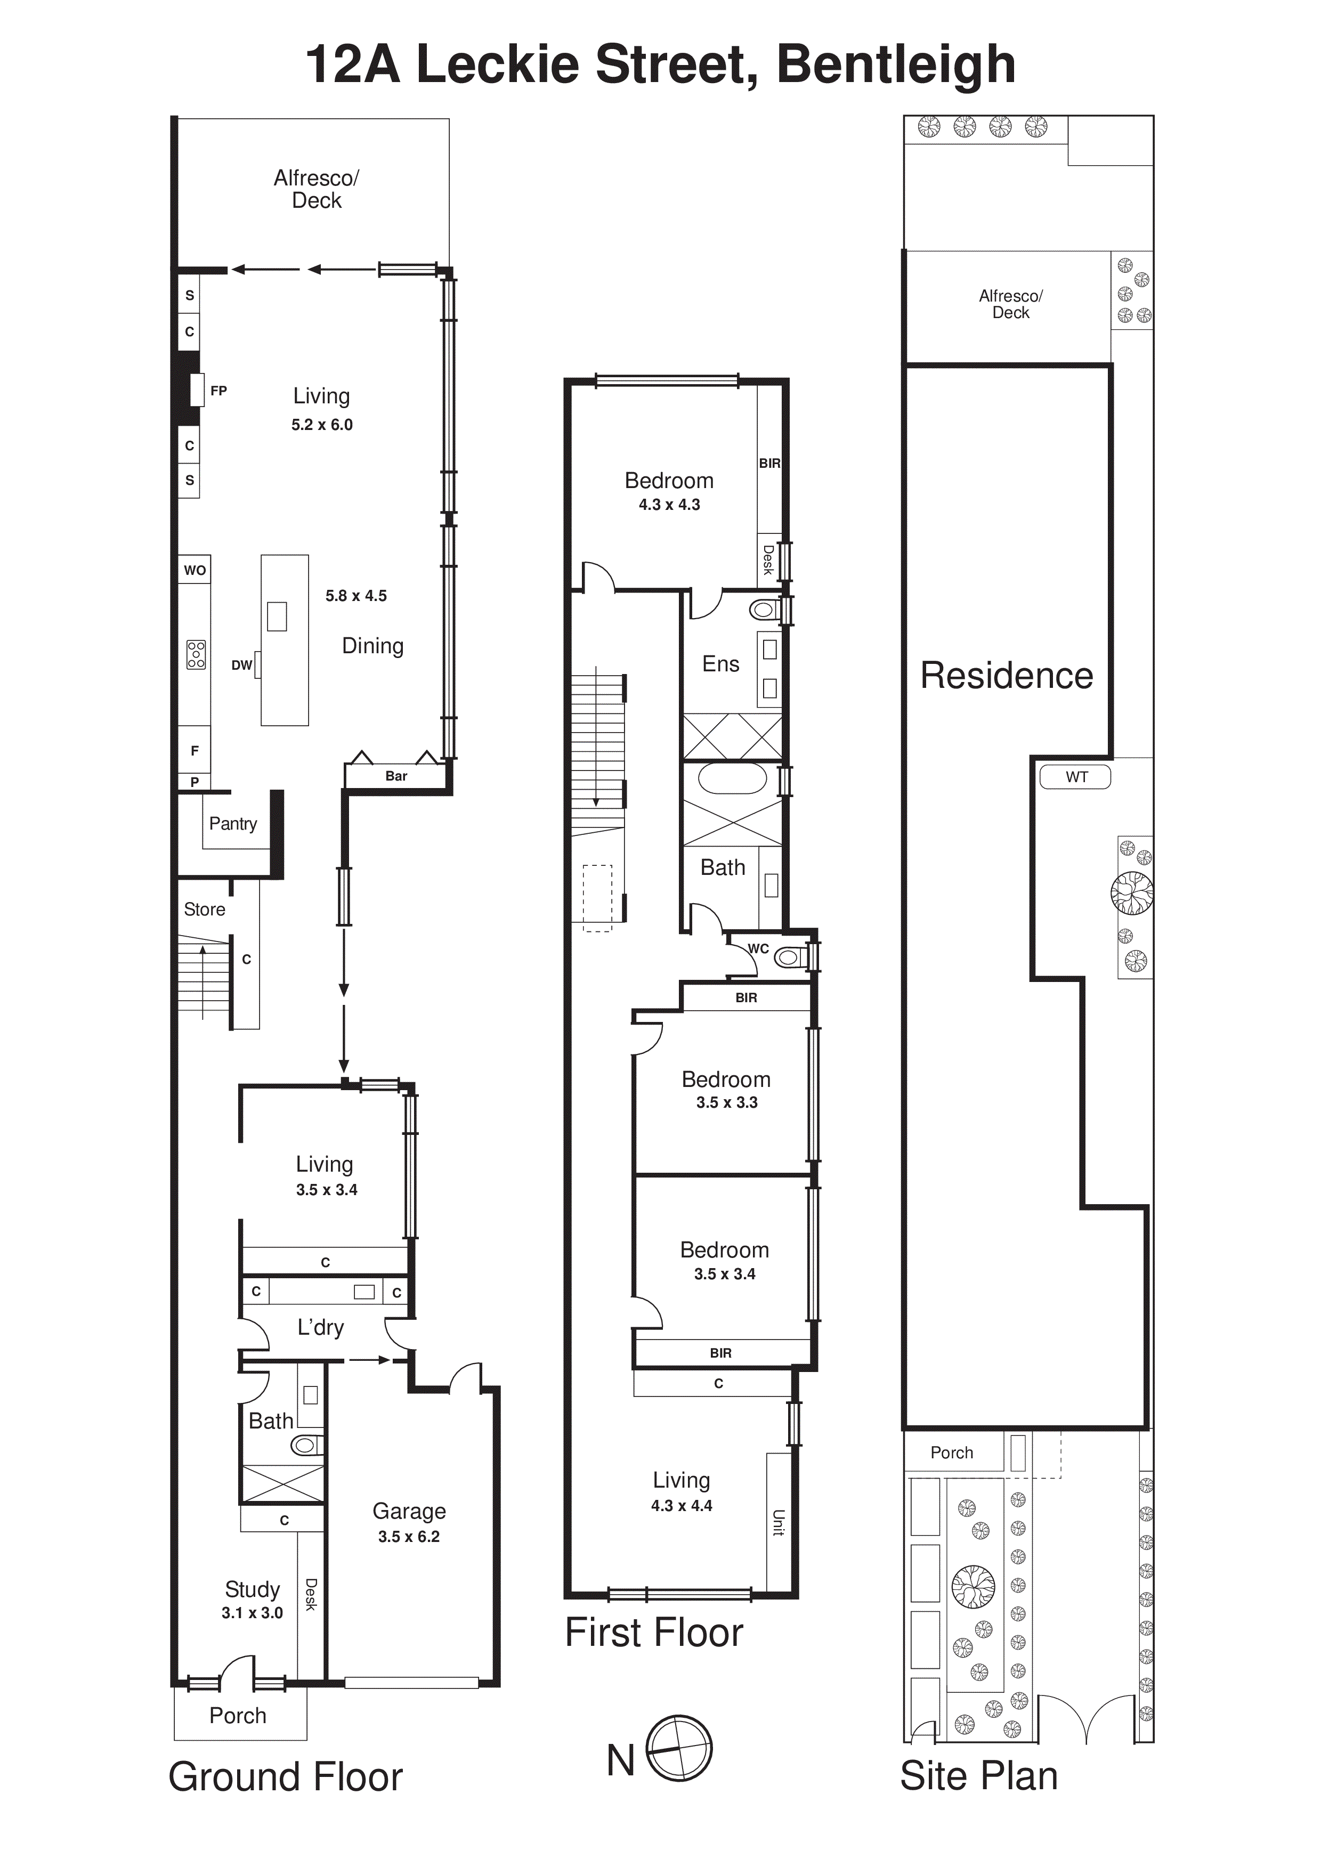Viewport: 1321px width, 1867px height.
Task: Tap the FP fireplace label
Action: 218,391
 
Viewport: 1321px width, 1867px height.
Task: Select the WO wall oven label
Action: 194,570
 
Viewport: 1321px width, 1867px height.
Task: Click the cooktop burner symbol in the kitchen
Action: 196,655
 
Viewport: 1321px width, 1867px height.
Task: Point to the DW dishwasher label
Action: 241,665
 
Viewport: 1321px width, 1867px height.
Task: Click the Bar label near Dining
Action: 396,776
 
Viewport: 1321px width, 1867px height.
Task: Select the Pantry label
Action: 233,824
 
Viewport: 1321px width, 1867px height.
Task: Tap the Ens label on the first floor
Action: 720,664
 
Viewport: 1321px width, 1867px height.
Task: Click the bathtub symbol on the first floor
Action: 732,778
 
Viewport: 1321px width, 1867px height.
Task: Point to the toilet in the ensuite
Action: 765,608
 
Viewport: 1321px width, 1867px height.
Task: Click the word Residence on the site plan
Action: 1006,676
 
